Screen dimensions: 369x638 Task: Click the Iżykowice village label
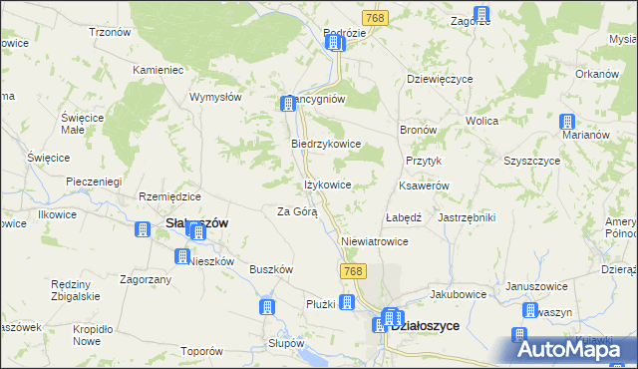327,184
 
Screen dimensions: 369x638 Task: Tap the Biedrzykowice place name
325,144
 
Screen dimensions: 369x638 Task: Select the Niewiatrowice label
375,241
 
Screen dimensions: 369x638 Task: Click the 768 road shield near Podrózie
375,18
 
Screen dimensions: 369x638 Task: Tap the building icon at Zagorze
481,15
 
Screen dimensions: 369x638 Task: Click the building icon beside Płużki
347,303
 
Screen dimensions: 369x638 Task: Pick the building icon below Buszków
267,307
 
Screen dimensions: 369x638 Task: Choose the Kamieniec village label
159,71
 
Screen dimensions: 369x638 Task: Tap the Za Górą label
296,211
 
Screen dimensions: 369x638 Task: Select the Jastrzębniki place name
467,216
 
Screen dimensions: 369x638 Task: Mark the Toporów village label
200,351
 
